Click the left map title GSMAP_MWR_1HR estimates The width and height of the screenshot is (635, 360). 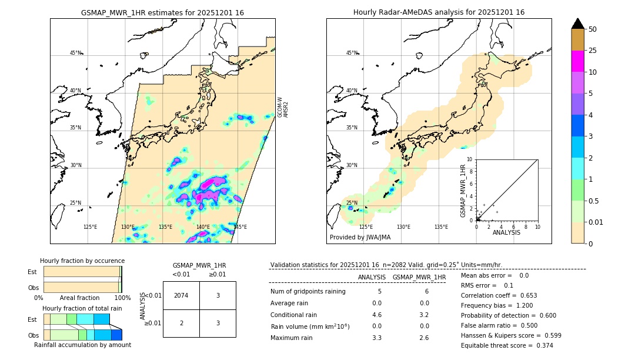(x=162, y=12)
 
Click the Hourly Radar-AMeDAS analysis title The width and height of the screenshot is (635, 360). (x=439, y=12)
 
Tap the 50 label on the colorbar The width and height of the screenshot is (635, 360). (x=593, y=29)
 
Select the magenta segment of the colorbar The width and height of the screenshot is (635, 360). (x=577, y=61)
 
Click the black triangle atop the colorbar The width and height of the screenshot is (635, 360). (x=577, y=24)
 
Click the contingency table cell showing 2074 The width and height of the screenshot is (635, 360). (x=181, y=295)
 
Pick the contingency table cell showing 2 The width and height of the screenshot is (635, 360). (x=181, y=323)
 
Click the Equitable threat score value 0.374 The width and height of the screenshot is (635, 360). (x=540, y=345)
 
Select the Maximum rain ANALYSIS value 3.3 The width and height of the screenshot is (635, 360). (x=377, y=338)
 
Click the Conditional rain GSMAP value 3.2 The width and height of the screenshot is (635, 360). (x=423, y=314)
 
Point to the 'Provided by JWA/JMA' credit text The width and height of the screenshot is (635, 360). (x=360, y=238)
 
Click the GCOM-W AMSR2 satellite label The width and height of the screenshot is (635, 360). (x=283, y=107)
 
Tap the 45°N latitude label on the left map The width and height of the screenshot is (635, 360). (x=75, y=53)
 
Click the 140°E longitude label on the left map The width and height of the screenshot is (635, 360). (x=203, y=227)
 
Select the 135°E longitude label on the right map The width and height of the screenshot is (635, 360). (x=441, y=227)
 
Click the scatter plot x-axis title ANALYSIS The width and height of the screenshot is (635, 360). (x=506, y=233)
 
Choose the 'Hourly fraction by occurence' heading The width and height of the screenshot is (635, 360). (x=82, y=261)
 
